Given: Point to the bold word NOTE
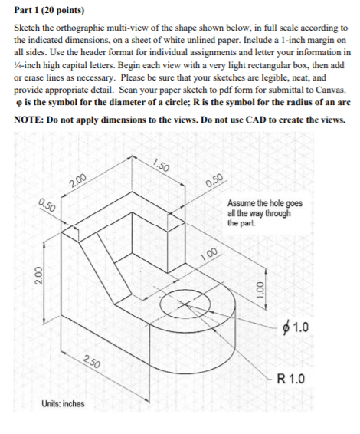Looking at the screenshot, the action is [x=29, y=120].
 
